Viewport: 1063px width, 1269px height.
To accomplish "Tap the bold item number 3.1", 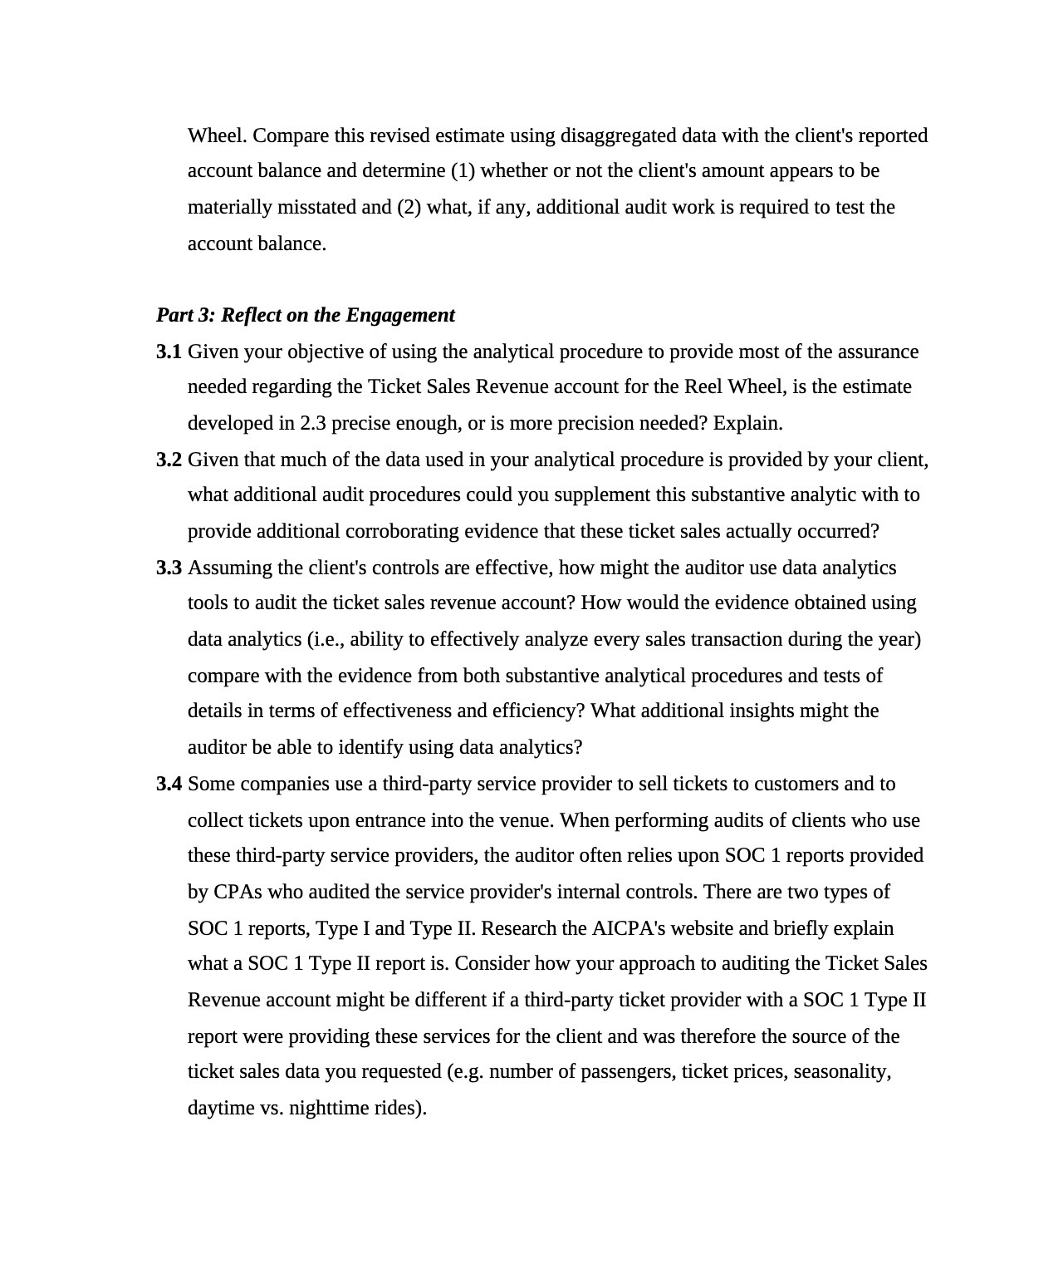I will click(x=169, y=352).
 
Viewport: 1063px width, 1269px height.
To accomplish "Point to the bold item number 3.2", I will click(x=169, y=460).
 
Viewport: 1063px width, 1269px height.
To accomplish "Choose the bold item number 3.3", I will click(x=169, y=568).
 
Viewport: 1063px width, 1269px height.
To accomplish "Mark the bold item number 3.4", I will click(x=169, y=785).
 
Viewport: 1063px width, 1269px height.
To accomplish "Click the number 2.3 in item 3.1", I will click(x=313, y=424).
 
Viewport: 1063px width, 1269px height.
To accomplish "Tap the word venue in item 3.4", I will click(x=527, y=821).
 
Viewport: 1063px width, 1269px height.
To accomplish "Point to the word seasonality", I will click(x=842, y=1072).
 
